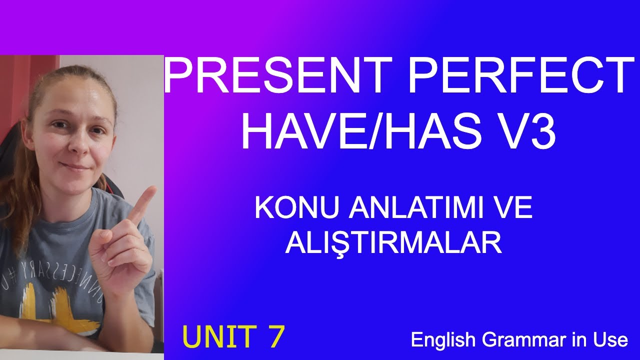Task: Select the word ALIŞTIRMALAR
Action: tap(393, 243)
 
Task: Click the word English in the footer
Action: tap(442, 340)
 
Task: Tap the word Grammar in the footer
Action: tap(523, 340)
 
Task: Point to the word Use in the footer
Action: tap(612, 340)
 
